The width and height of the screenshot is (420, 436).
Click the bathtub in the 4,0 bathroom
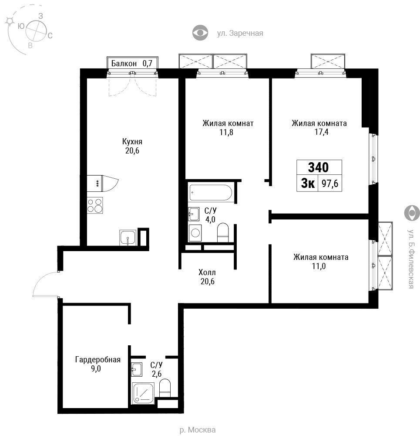point(210,192)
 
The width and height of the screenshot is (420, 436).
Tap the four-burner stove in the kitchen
point(95,205)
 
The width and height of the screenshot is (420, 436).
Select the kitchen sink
point(128,238)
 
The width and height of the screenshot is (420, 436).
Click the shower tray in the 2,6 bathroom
point(143,393)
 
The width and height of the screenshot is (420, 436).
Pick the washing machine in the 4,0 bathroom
point(195,233)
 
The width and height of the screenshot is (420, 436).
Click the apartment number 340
point(319,167)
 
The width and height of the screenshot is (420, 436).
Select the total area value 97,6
point(330,184)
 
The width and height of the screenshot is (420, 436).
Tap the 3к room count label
point(308,184)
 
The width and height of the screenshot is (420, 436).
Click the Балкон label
point(124,63)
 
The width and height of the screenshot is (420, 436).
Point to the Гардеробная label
point(98,360)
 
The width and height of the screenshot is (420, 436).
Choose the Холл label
point(207,272)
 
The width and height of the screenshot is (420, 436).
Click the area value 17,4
point(322,132)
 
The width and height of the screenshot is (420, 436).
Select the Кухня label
point(132,142)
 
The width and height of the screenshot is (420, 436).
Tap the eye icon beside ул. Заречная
point(200,33)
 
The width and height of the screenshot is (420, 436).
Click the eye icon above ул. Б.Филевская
point(412,213)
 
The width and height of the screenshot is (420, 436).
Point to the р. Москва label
point(197,430)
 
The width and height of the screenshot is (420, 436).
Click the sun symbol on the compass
point(10,21)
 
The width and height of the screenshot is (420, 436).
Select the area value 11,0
point(319,266)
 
